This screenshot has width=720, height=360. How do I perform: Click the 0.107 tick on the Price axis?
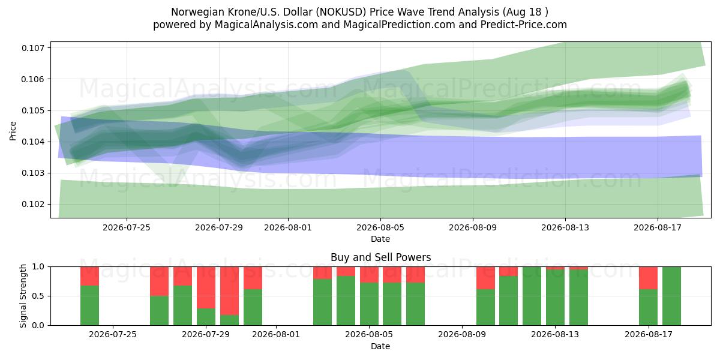[x=32, y=48]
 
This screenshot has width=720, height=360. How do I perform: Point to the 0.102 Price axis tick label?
[x=32, y=205]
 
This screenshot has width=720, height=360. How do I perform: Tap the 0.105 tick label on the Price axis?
[x=32, y=110]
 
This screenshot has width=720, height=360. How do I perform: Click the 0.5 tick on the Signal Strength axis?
[x=38, y=296]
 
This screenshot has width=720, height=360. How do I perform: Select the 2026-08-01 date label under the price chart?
[x=287, y=227]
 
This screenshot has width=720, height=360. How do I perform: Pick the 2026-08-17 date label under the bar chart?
[x=649, y=335]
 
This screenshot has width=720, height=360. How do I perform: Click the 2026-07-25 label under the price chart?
[x=127, y=227]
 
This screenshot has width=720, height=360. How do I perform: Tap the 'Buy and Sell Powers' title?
[x=380, y=257]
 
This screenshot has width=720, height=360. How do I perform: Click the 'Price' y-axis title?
[x=13, y=131]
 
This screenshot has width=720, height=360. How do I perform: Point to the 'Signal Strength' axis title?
[x=23, y=296]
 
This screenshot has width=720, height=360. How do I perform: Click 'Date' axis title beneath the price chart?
[x=380, y=239]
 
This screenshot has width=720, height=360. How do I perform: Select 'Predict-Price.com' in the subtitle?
[x=524, y=25]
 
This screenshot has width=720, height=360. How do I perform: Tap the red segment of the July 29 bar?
[x=206, y=287]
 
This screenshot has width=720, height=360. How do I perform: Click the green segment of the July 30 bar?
[x=229, y=320]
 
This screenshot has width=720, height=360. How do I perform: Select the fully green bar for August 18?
[x=671, y=296]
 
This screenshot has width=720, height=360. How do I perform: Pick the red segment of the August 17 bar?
[x=648, y=278]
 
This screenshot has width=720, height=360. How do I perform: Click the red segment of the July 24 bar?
[x=89, y=276]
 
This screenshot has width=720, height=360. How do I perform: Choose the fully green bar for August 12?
[x=532, y=296]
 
